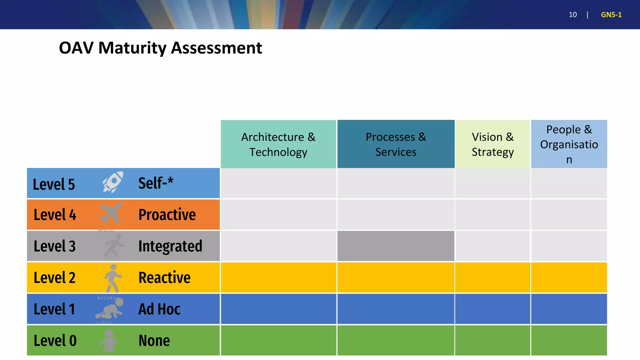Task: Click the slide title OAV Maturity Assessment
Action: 160,48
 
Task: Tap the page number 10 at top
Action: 572,15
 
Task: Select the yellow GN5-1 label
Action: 611,15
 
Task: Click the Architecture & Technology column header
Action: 278,144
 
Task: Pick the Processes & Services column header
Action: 396,144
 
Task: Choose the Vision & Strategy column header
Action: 492,144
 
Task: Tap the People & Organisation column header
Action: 569,144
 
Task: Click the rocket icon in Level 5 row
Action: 113,182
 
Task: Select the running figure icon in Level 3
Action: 114,246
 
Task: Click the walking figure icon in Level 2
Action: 112,277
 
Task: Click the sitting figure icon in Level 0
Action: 108,341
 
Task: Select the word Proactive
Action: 167,215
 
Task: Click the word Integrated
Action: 170,246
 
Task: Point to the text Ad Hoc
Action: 159,309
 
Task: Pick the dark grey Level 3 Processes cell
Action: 396,246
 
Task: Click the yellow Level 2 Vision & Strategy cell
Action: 492,277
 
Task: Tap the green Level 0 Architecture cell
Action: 278,340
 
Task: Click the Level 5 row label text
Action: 54,184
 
